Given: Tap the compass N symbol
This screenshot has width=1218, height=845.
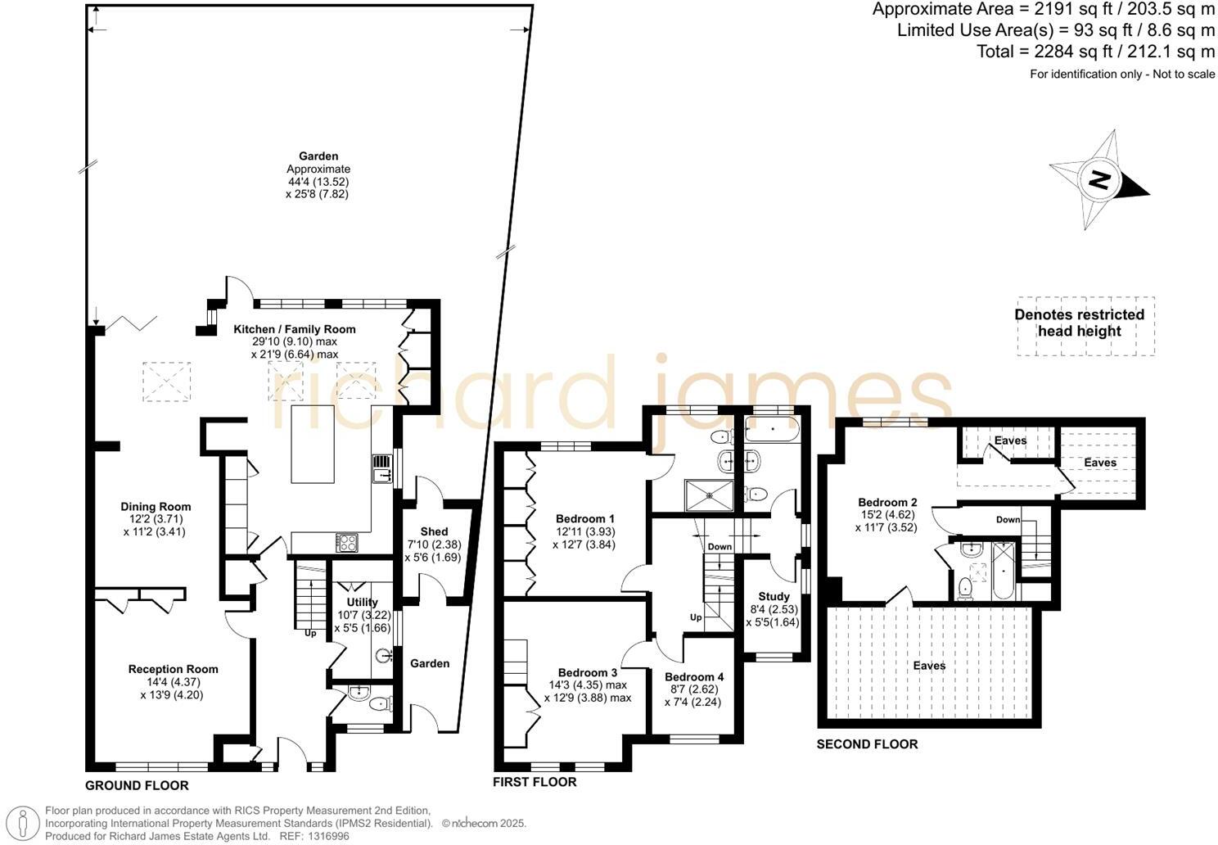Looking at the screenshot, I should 1098,180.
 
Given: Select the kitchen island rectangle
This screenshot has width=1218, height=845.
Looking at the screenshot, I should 313,445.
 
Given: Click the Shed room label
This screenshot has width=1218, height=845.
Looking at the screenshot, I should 434,532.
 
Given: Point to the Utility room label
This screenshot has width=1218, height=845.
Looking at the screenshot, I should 362,603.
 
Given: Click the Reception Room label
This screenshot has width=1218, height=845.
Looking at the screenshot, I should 173,670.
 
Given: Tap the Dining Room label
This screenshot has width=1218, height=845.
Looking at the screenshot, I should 156,507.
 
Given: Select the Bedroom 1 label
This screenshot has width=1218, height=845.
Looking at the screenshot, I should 584,519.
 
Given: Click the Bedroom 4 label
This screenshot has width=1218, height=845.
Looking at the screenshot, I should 693,677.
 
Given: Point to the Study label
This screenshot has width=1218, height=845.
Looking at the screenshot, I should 774,597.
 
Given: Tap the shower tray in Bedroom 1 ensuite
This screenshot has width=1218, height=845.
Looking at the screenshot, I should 709,493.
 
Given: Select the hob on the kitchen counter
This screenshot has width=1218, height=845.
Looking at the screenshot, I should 346,542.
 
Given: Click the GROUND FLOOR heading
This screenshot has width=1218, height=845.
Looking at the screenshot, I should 137,786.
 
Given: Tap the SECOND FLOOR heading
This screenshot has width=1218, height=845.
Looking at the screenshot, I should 867,744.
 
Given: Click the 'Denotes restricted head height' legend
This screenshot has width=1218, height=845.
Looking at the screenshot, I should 1079,323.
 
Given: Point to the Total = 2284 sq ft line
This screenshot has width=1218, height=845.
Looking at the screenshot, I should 1095,52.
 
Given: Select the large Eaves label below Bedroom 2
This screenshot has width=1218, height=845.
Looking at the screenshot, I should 929,666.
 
